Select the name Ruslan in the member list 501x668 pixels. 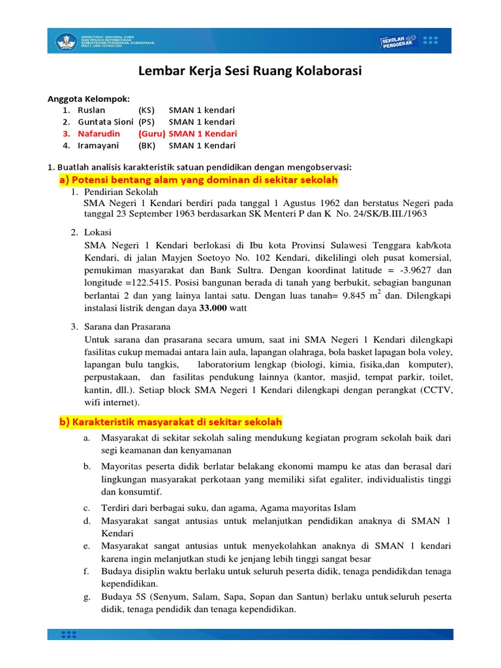91,110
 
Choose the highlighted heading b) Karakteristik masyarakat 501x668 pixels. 170,422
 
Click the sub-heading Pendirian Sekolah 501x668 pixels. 120,192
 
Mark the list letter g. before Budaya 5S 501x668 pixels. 86,597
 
